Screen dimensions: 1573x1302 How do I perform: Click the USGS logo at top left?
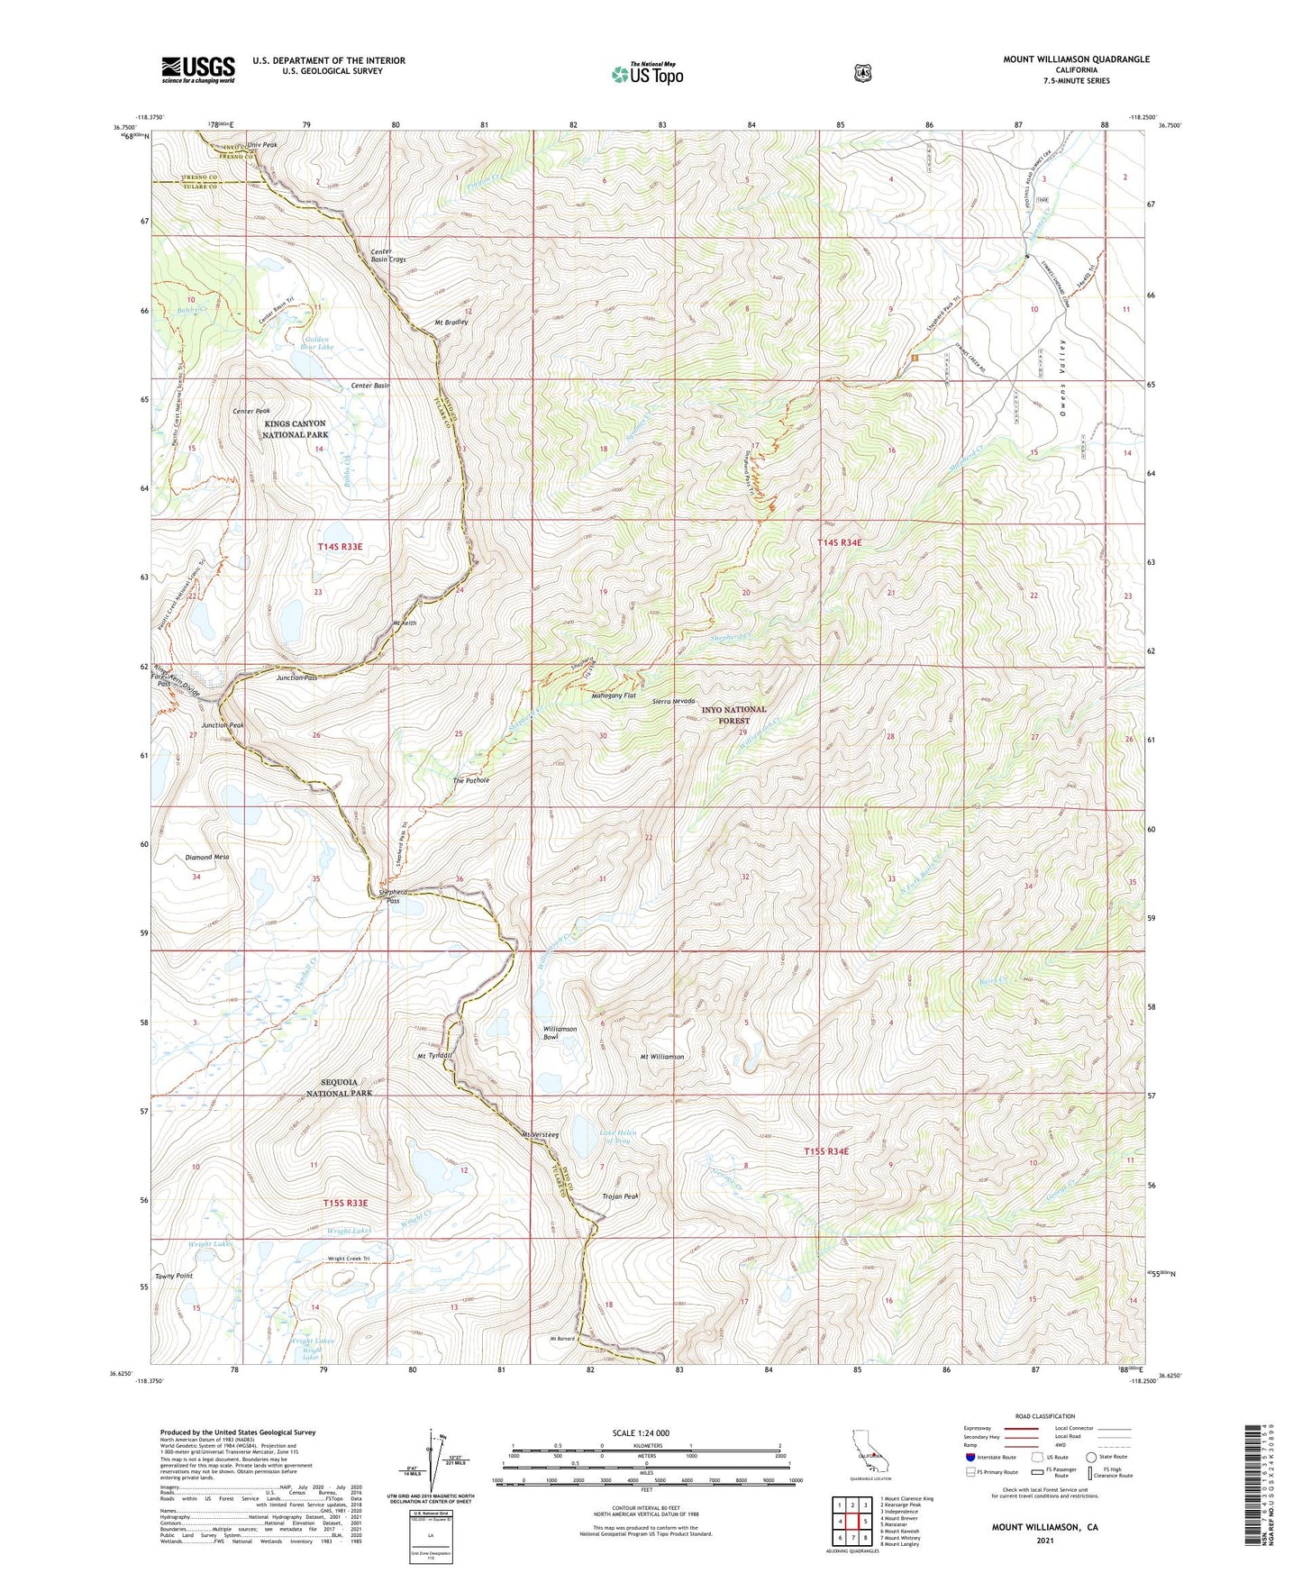198,69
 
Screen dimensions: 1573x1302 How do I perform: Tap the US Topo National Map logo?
647,73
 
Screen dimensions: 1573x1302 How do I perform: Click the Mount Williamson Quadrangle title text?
1076,59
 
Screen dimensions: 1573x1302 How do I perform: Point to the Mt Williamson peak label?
661,1057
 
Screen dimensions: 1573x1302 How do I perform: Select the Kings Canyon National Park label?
296,429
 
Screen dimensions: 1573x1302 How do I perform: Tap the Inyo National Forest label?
734,715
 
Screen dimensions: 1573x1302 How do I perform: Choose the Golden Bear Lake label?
313,342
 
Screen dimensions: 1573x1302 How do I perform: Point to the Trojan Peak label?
620,1196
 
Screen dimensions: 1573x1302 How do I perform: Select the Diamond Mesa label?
207,857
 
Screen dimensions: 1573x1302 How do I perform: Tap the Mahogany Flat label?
614,696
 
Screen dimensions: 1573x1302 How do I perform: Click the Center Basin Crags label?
388,255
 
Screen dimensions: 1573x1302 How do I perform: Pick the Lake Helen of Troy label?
618,1137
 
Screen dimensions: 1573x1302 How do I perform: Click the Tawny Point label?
174,1276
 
